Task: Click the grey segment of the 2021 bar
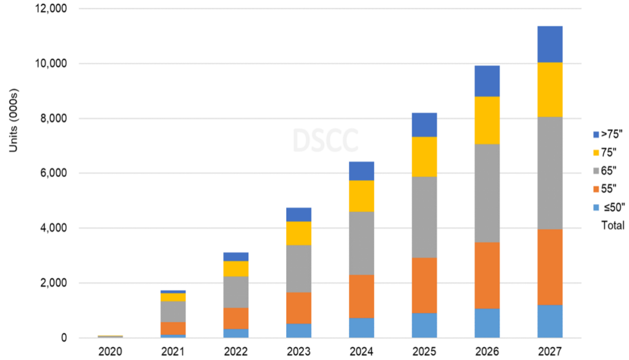coord(173,311)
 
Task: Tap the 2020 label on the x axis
coord(110,352)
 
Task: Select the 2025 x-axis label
coord(424,352)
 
